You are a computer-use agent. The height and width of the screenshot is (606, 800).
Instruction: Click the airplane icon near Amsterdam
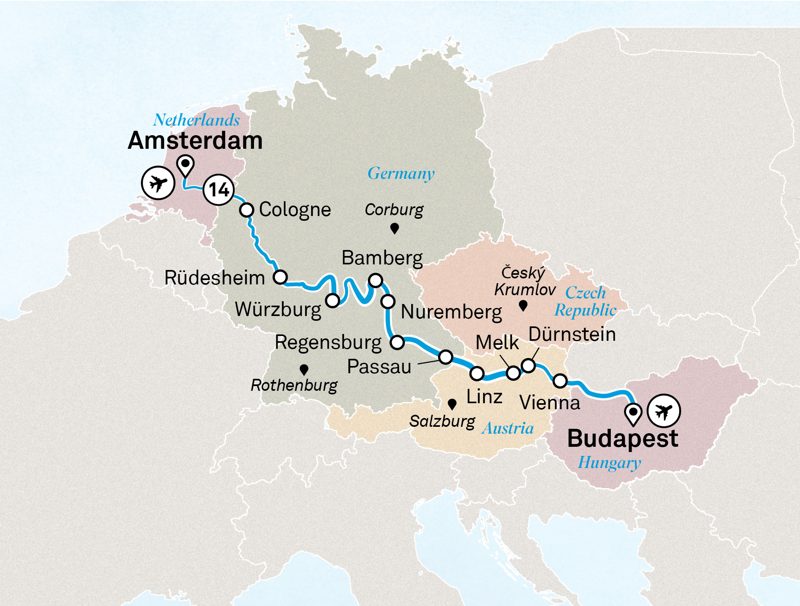[158, 183]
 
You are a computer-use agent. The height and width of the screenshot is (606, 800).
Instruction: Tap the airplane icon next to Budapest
[664, 411]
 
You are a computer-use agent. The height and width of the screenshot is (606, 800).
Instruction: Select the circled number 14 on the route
[218, 190]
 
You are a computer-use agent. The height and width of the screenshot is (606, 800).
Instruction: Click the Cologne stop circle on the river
[247, 210]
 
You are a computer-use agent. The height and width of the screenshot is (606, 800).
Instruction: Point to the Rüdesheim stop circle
[280, 277]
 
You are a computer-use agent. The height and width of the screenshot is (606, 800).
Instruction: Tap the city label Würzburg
[278, 310]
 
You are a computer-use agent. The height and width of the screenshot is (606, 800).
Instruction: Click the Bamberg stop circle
[376, 280]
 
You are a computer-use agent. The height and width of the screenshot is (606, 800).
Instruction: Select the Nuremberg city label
[451, 312]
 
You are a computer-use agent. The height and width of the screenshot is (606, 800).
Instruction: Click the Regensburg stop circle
[397, 342]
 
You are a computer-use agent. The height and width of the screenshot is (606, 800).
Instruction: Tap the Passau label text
[379, 367]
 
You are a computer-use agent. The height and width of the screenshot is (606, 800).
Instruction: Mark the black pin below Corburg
[394, 228]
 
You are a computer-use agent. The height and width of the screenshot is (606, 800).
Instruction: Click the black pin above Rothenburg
[304, 369]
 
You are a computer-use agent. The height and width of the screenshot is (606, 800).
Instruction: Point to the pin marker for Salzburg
[452, 404]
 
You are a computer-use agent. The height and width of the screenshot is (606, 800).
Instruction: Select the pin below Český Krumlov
[523, 306]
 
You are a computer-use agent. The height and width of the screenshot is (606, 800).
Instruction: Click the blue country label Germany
[401, 174]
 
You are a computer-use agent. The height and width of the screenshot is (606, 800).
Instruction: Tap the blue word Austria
[508, 428]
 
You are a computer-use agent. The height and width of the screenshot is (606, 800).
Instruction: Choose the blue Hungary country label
[609, 463]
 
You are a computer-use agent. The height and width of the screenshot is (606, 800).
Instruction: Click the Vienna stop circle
[560, 381]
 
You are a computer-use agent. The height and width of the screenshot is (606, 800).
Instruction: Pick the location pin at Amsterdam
[186, 165]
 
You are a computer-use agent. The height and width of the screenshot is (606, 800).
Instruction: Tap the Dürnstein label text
[572, 334]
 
